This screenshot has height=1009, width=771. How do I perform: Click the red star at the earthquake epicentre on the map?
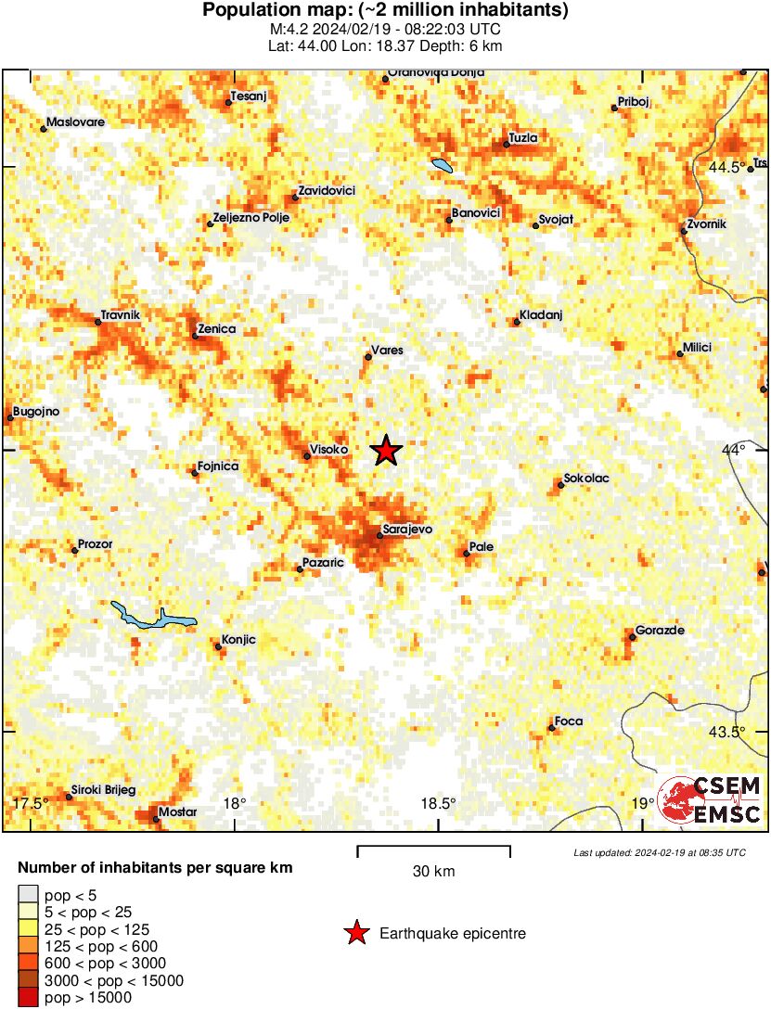[x=387, y=451]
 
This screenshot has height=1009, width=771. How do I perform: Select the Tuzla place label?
[x=524, y=138]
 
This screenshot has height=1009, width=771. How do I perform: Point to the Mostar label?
[x=178, y=812]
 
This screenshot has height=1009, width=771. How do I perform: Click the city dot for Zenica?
[x=195, y=336]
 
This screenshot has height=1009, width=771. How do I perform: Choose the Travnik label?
[x=121, y=315]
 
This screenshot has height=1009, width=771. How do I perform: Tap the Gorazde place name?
[x=660, y=631]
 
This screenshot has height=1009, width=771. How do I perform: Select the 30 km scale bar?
[x=433, y=848]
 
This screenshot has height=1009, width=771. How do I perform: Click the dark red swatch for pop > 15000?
[x=28, y=997]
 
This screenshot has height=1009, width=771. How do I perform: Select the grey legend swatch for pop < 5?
[x=28, y=895]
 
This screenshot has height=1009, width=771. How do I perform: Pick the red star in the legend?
[x=355, y=934]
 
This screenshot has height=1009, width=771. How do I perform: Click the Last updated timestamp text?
[x=659, y=852]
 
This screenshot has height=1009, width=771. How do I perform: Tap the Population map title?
[x=385, y=11]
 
